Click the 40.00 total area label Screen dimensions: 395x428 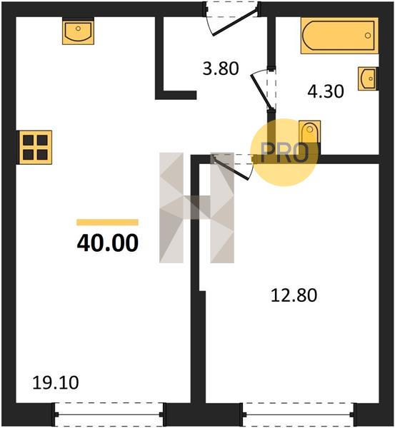point(108,243)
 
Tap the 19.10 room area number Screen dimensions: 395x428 point(56,382)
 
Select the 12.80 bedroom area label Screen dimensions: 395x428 point(294,295)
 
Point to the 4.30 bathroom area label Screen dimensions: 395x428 point(326,91)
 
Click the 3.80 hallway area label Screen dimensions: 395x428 point(221,68)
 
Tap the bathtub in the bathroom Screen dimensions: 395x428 point(339,36)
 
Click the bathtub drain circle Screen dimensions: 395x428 point(368,36)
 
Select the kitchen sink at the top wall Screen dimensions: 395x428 point(78,31)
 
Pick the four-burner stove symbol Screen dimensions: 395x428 point(35,148)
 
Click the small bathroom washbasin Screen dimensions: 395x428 point(368,78)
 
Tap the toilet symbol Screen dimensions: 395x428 point(309,131)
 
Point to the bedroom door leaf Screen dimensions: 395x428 point(231,169)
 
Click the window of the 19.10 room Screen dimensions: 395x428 point(109,414)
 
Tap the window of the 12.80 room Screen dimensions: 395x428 point(299,414)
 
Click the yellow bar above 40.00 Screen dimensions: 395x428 point(107,222)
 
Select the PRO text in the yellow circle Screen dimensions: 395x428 point(284,153)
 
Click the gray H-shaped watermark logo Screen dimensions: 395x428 point(197,208)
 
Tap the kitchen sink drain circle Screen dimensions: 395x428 point(78,28)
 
